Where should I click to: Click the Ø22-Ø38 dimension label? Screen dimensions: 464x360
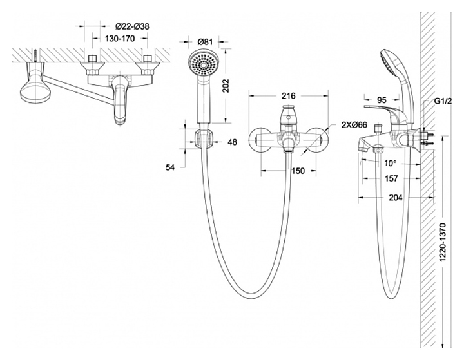coord(132,26)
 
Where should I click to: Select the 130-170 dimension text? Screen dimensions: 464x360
coord(120,39)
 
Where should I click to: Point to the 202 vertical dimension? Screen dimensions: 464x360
coord(226,86)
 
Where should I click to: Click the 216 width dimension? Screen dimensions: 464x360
coord(288,95)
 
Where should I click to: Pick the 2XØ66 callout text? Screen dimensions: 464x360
coord(354,125)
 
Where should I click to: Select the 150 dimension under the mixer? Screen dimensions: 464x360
coord(298,171)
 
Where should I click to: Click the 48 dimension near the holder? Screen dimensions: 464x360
coord(232,142)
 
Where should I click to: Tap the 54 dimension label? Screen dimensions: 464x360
coord(170,167)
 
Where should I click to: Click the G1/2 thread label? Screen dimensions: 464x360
coord(443,101)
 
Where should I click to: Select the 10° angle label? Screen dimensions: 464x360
coord(391,163)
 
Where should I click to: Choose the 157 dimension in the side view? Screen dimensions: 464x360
coord(391,178)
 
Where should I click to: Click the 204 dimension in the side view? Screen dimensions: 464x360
coord(395,198)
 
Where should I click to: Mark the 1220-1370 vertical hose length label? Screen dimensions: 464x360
coord(443,242)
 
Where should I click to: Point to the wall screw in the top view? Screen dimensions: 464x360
coord(36,56)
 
